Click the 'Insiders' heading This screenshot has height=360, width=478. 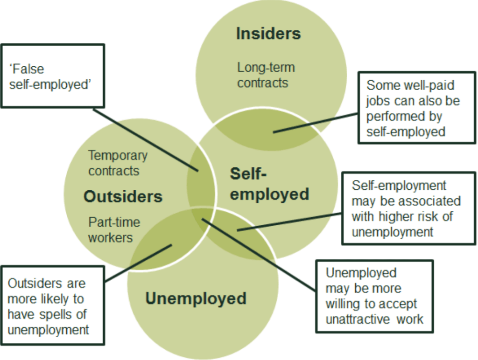tap(268, 34)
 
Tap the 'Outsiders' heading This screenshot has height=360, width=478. tap(123, 196)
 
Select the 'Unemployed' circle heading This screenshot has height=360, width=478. tap(196, 298)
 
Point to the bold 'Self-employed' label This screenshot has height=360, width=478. tap(269, 184)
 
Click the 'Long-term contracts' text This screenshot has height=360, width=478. tap(266, 75)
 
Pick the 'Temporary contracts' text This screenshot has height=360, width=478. tap(117, 163)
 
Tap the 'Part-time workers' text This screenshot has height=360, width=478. tap(114, 229)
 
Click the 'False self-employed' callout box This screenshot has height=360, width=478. tap(52, 76)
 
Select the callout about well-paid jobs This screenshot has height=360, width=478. tap(416, 108)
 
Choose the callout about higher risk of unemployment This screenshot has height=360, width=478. tap(408, 208)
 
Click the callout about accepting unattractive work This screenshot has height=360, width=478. tap(374, 296)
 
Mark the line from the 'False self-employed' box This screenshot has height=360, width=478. tap(145, 139)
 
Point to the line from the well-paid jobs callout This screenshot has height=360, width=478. tap(316, 123)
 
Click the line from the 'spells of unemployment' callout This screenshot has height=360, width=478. tap(138, 263)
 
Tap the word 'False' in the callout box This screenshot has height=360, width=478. tap(27, 69)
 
